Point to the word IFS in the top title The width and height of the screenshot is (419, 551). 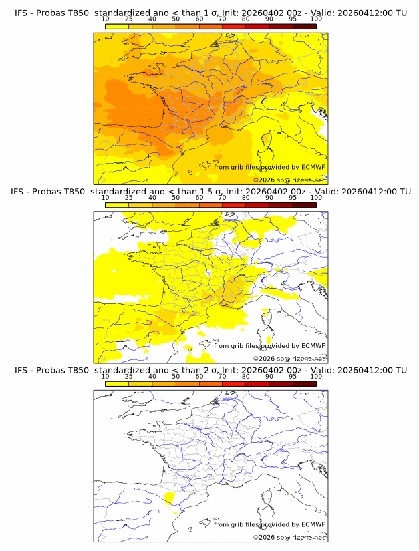click(x=22, y=13)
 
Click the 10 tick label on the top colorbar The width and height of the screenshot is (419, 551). click(x=106, y=20)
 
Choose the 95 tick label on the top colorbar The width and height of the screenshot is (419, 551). click(x=293, y=20)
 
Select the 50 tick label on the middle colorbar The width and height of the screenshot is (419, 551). click(x=176, y=198)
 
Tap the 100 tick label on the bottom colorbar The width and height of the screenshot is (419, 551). click(x=316, y=377)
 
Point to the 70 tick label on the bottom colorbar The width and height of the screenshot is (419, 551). click(x=222, y=377)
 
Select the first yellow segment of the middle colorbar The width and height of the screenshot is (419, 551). click(x=117, y=205)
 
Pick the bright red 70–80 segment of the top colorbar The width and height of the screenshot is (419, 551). click(x=234, y=27)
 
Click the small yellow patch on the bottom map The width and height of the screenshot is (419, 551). click(x=169, y=498)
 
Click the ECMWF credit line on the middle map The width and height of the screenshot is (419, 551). click(x=269, y=345)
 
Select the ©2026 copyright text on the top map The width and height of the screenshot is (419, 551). click(x=289, y=180)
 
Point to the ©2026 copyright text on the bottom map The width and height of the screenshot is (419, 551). click(x=289, y=537)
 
